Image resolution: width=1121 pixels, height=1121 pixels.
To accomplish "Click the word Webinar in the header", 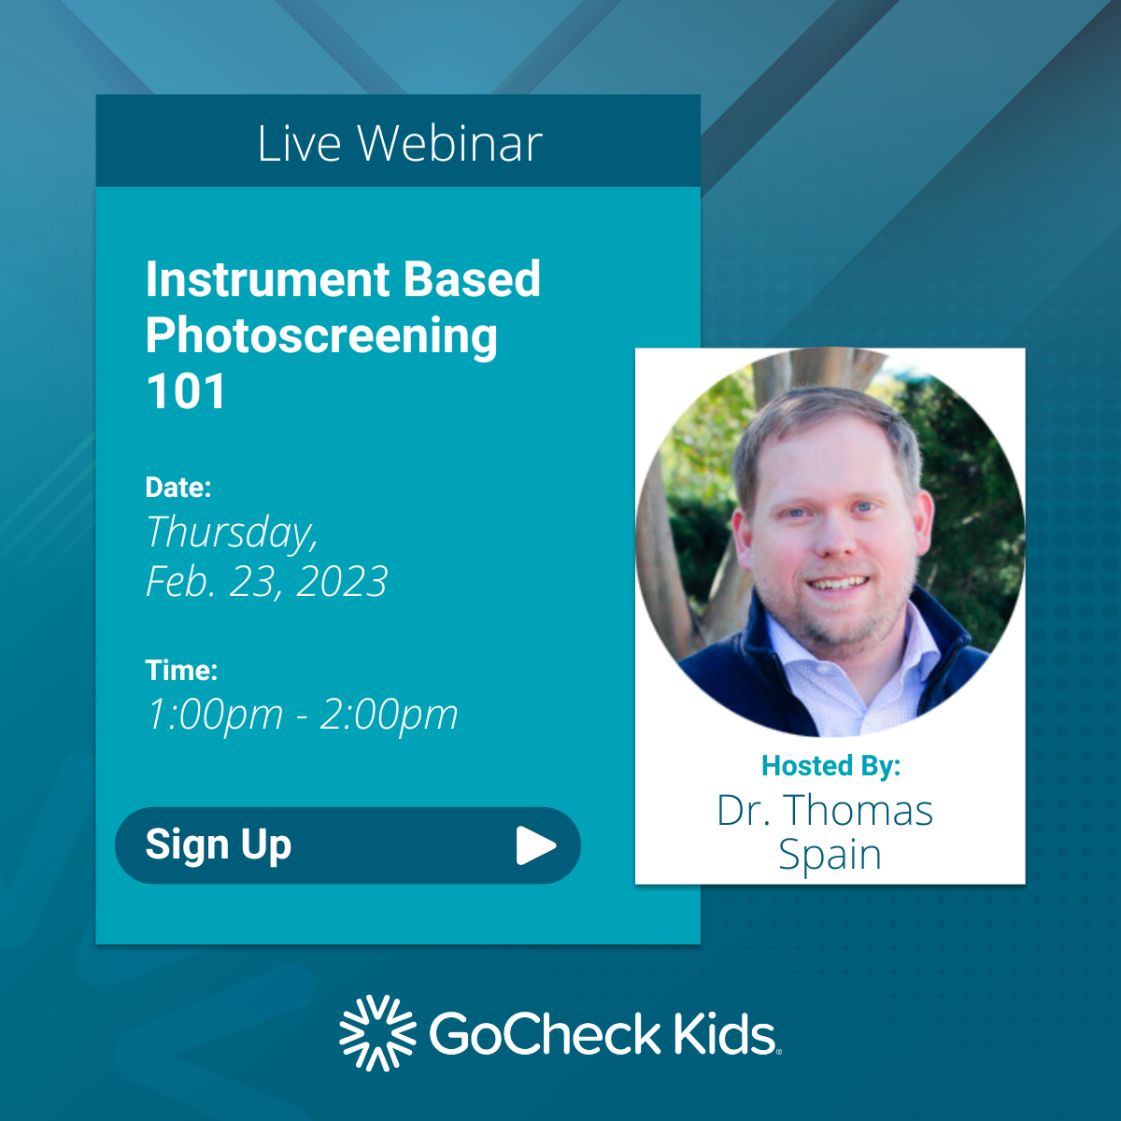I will tap(449, 144).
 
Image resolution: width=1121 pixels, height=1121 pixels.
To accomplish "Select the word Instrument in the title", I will tap(267, 279).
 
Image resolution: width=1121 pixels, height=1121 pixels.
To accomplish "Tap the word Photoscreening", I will tap(321, 336).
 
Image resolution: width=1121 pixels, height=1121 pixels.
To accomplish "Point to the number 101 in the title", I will tap(186, 391).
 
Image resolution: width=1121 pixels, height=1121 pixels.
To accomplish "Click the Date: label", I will tap(178, 487).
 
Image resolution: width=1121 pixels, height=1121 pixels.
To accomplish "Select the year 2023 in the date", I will tap(341, 582).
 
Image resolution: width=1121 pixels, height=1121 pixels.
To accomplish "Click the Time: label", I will tap(181, 670).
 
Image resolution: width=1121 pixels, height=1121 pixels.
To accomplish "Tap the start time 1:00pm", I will tap(215, 716).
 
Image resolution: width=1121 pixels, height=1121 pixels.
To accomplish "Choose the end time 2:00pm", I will tap(389, 716).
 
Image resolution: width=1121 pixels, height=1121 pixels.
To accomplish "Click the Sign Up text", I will tap(219, 844).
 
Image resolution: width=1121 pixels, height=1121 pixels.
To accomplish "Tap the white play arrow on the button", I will tap(535, 845).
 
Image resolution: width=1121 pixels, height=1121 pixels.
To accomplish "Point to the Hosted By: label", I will tap(830, 766).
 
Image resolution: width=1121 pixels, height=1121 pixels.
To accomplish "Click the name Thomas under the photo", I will tap(858, 811).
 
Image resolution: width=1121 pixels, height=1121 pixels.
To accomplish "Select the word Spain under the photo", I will tap(830, 855).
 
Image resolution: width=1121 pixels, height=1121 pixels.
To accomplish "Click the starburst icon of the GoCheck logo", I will tap(376, 1033).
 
